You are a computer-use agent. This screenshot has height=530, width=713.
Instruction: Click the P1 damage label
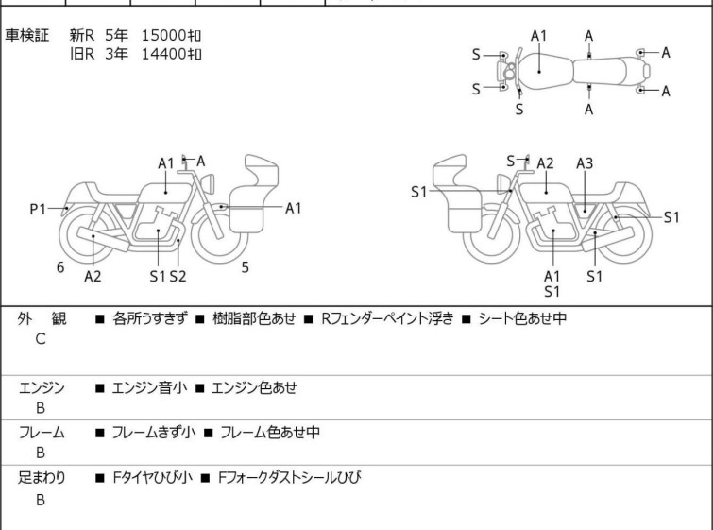(x=38, y=209)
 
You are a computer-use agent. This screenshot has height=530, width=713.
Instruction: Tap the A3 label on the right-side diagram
(x=585, y=163)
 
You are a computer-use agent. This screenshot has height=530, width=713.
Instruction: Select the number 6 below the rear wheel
(x=60, y=267)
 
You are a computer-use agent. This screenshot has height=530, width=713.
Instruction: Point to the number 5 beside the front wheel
(x=245, y=267)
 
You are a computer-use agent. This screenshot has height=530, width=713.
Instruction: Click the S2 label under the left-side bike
(x=178, y=276)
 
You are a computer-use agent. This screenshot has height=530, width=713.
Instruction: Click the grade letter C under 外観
(x=40, y=339)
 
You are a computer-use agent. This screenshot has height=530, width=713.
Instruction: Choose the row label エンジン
(x=42, y=387)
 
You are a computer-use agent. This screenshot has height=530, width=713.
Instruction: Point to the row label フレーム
(x=42, y=433)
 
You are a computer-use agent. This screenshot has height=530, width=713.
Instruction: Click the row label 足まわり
(x=42, y=478)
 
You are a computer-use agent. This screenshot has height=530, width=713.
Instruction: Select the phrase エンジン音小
(x=147, y=387)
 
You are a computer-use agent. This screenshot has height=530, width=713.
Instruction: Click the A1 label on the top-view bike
(x=538, y=36)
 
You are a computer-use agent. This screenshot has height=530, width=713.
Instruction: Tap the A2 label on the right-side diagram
(x=545, y=163)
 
